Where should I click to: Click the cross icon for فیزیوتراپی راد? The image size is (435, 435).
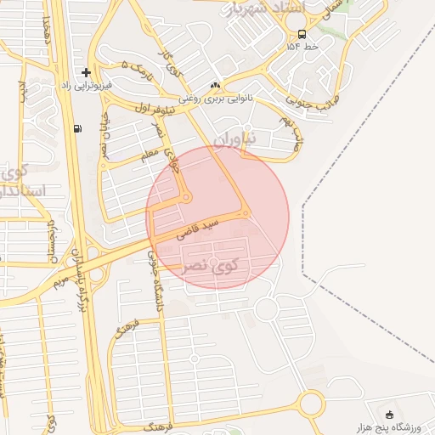tap(86, 72)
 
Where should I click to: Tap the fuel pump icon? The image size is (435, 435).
tap(78, 128)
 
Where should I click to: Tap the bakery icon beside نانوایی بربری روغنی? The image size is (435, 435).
tap(215, 86)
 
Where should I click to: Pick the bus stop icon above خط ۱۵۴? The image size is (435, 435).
tap(302, 34)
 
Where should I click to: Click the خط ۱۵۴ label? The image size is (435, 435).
tap(302, 48)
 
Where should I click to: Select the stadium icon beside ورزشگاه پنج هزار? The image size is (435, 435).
tap(390, 415)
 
